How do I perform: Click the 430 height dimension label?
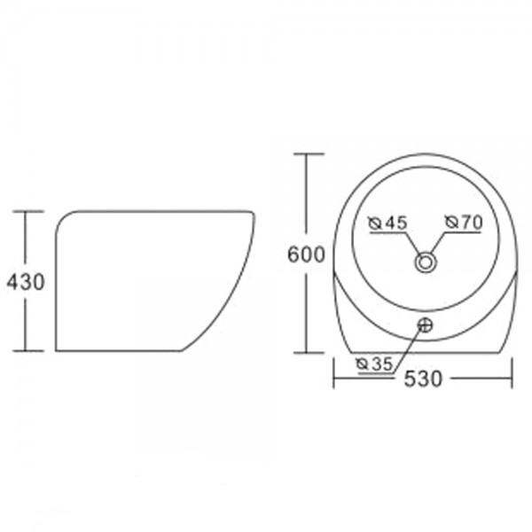tap(26, 282)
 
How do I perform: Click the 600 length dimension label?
tap(306, 254)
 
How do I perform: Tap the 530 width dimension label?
tap(423, 379)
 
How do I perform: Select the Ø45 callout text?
tap(387, 223)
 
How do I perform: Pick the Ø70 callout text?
tap(464, 223)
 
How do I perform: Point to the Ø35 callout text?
tap(374, 364)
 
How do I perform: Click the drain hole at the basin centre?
tap(425, 262)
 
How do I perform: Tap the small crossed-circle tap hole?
tap(425, 325)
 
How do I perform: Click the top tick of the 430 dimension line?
tap(28, 211)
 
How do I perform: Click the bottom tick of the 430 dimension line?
tap(28, 350)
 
